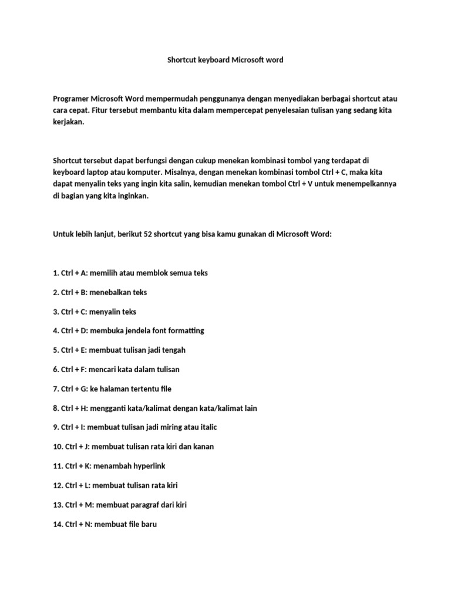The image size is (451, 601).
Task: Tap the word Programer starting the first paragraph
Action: click(72, 99)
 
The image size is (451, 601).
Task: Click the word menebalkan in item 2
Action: click(111, 292)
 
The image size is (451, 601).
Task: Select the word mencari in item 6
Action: click(103, 369)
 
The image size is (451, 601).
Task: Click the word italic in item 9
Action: click(206, 427)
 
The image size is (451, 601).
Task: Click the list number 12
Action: click(58, 485)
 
